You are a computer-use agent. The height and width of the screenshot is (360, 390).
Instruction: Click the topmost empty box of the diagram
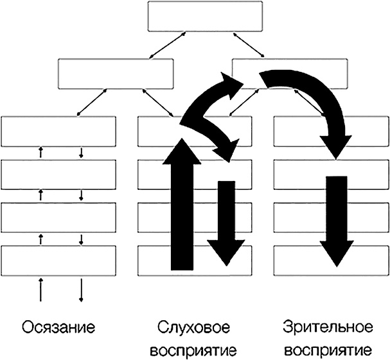(x=205, y=17)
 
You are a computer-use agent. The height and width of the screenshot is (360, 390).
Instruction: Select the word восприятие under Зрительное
(x=328, y=351)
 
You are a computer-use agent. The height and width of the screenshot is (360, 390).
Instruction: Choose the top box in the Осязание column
(x=59, y=132)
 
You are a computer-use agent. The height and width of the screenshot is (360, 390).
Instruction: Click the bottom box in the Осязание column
(x=59, y=261)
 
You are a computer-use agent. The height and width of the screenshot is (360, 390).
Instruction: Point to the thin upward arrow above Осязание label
(x=41, y=289)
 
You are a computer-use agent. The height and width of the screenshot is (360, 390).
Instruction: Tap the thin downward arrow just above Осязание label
(x=82, y=289)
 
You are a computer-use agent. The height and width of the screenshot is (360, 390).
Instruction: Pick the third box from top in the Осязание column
(x=59, y=218)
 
